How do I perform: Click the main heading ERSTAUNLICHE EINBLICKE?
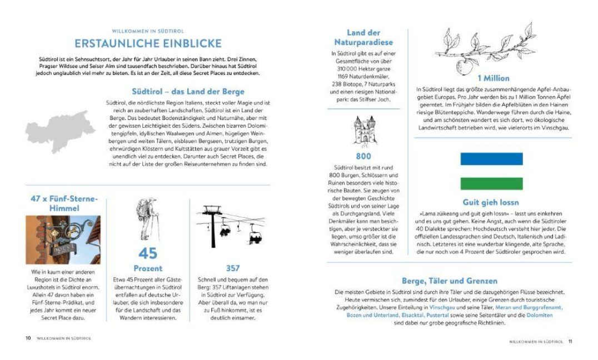tap(148, 43)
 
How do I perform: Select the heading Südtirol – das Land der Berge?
tap(188, 92)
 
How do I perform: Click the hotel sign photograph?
tap(63, 240)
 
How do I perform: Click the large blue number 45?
tap(148, 253)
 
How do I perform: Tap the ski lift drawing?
tap(231, 226)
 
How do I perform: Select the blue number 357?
tap(233, 268)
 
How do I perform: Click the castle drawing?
tap(364, 131)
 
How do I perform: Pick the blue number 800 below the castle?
tap(363, 156)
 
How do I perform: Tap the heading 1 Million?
tap(494, 78)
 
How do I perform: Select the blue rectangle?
tap(492, 159)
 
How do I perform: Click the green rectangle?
tap(492, 183)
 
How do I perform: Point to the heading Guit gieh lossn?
tap(491, 202)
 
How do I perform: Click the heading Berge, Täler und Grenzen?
tap(450, 281)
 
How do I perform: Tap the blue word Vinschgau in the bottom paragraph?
tap(442, 307)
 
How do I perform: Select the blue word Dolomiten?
tap(540, 315)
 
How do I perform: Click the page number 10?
tap(28, 338)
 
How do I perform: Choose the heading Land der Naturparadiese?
tap(363, 37)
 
